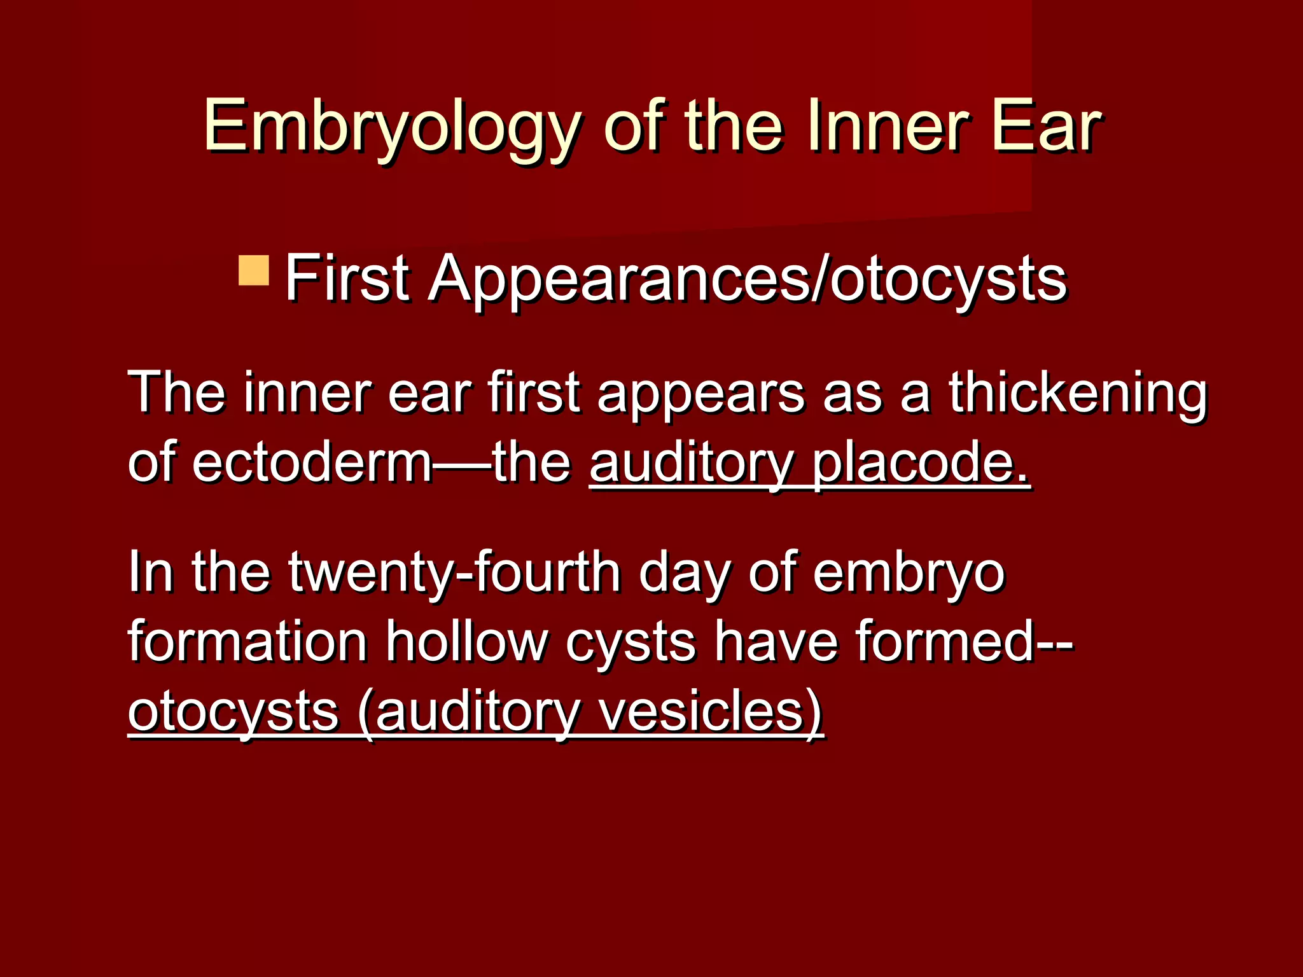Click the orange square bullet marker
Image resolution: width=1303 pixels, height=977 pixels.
click(254, 271)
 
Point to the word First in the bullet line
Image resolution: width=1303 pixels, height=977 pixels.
click(347, 279)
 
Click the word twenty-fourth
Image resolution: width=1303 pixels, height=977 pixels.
click(454, 572)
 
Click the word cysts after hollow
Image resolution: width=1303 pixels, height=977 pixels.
click(631, 642)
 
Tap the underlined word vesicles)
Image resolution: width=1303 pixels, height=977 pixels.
click(711, 711)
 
